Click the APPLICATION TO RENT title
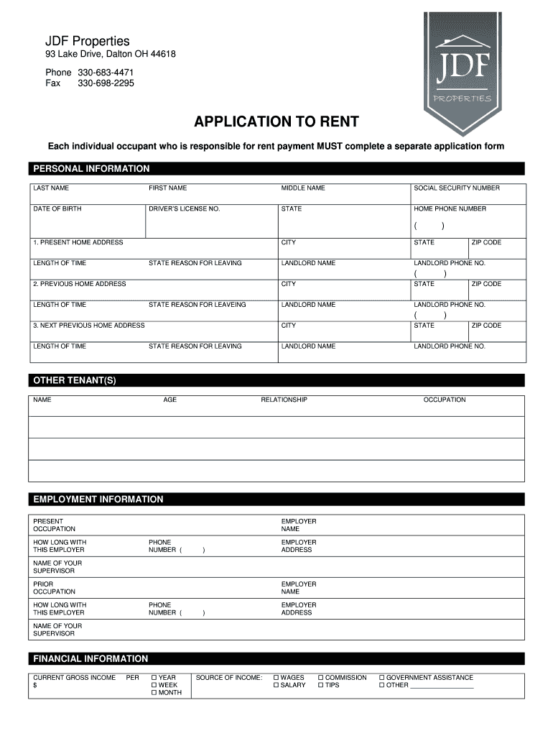[x=276, y=121]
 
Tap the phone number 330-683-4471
[x=106, y=73]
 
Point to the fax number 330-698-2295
[x=106, y=83]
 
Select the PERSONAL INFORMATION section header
[x=91, y=169]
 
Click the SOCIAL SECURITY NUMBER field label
[x=457, y=188]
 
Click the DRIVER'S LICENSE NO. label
[x=184, y=209]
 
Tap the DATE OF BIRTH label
[x=57, y=209]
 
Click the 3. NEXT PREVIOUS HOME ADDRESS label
[x=89, y=326]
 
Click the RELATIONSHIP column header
[x=284, y=400]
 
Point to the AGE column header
[x=169, y=400]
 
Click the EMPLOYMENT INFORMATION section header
[x=98, y=500]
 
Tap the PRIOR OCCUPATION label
[x=54, y=588]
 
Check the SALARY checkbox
[x=276, y=686]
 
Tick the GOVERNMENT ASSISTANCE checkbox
[x=382, y=678]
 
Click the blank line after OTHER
[x=442, y=686]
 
